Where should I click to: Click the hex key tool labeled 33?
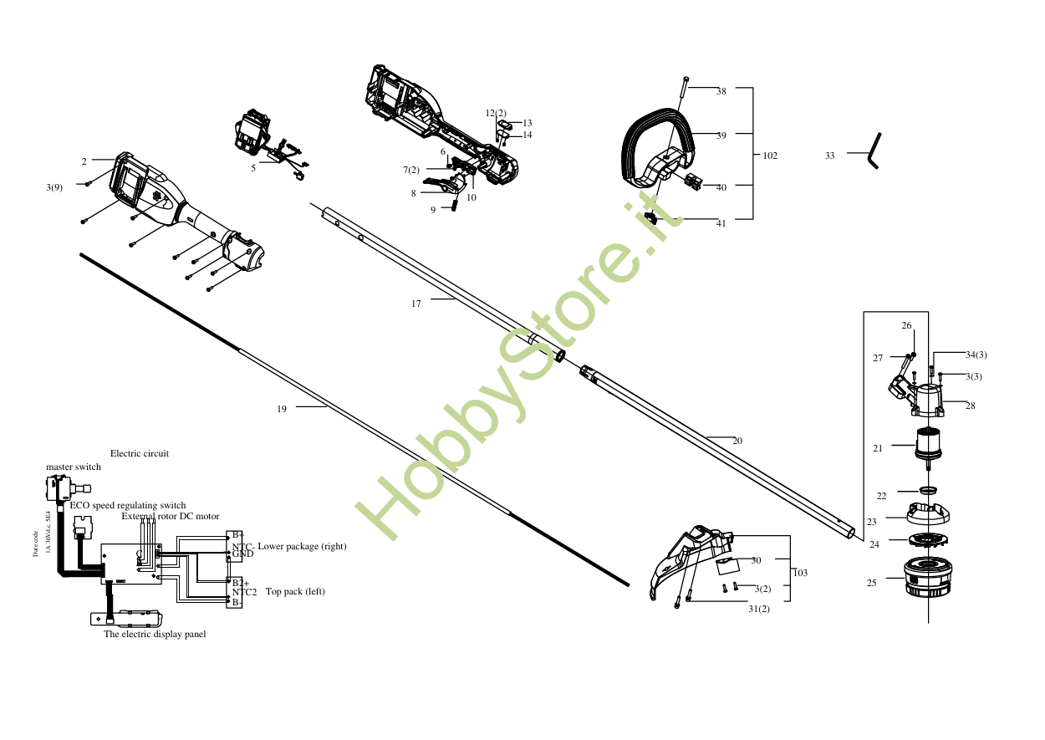pos(875,151)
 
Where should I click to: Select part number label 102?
pos(770,156)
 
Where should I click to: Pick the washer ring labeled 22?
pos(928,489)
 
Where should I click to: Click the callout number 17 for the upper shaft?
pos(416,304)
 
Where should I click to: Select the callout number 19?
pos(282,410)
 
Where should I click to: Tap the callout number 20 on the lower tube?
pos(737,441)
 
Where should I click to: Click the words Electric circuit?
pos(140,454)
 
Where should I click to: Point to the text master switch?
pos(74,467)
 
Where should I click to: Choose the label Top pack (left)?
pos(295,592)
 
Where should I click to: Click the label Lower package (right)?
pos(302,547)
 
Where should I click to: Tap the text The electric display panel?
pos(155,635)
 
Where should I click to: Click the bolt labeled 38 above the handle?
pos(684,86)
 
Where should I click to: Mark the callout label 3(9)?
pos(54,187)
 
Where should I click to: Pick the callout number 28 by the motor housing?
pos(970,406)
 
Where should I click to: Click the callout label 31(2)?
pos(759,609)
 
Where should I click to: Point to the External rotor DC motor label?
pos(171,517)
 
